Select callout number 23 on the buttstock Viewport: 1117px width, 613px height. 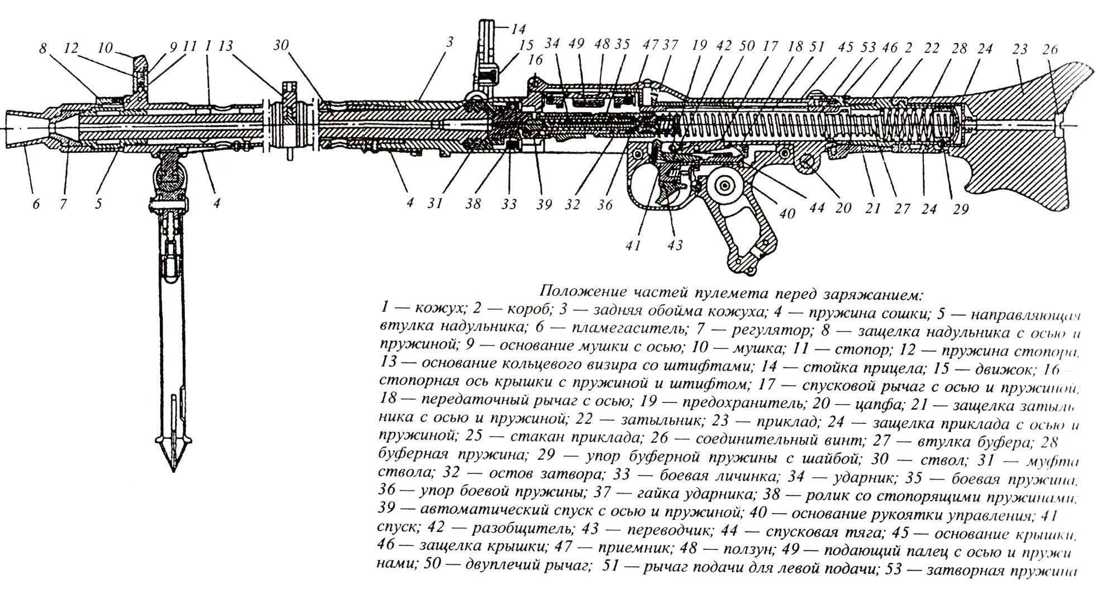pyautogui.click(x=1020, y=50)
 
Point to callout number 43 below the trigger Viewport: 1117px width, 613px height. pyautogui.click(x=675, y=245)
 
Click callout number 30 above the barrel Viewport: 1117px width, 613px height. pyautogui.click(x=281, y=45)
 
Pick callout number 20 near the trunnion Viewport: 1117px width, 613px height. pyautogui.click(x=843, y=208)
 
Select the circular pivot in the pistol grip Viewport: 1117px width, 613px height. pyautogui.click(x=725, y=186)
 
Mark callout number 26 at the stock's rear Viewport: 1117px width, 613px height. pyautogui.click(x=1051, y=50)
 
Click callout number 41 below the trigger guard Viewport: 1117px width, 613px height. pyautogui.click(x=633, y=245)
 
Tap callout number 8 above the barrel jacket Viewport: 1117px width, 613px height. pyautogui.click(x=43, y=49)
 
